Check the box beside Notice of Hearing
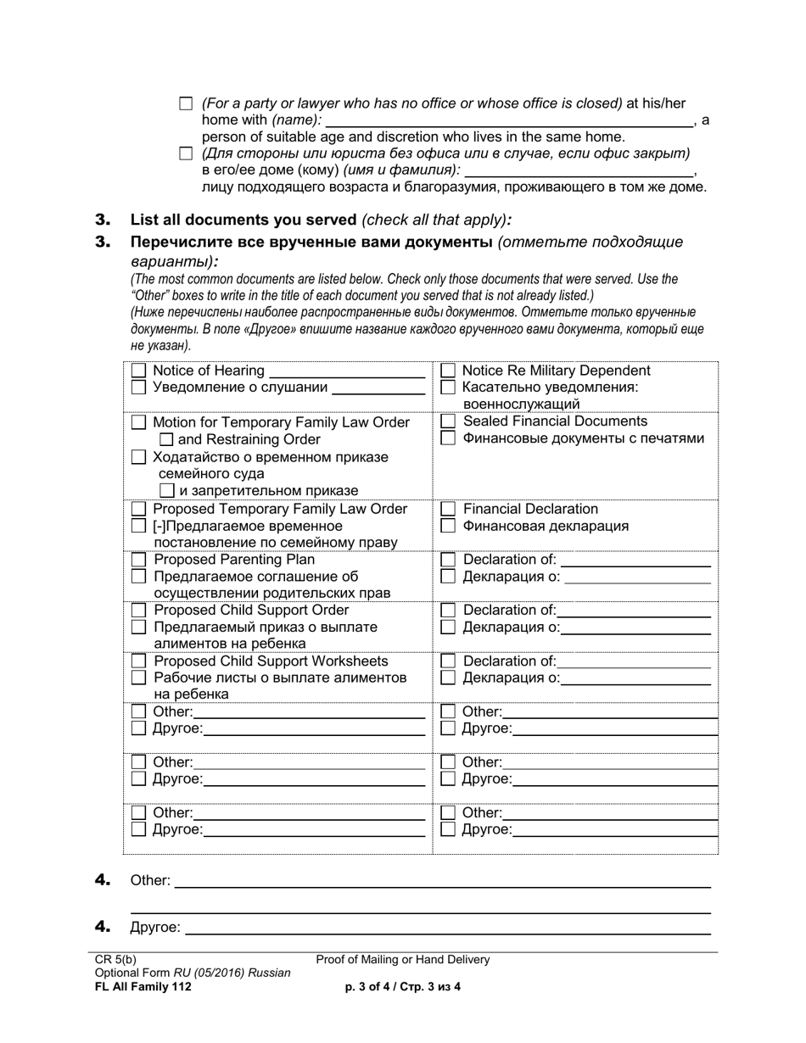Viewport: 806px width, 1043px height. tap(139, 371)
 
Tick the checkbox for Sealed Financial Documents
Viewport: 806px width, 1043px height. tap(449, 421)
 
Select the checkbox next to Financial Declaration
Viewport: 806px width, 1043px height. tap(449, 509)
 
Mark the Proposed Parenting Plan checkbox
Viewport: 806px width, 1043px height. tap(139, 560)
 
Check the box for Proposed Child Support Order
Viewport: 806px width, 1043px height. tap(139, 611)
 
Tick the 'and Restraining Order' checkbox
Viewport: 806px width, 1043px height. tap(166, 439)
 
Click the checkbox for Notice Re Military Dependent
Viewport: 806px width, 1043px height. tap(449, 371)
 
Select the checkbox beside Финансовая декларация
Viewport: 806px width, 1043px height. tap(449, 527)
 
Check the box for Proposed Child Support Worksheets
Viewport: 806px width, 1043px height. tap(139, 661)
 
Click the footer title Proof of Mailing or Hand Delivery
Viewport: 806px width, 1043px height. tap(403, 960)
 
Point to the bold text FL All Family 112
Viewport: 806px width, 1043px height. tap(143, 986)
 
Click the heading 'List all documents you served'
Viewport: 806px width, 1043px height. tap(243, 220)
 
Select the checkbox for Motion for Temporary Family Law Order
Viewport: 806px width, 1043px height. tap(139, 422)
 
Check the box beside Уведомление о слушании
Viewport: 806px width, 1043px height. tap(139, 388)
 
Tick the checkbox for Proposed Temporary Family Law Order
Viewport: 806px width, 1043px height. tap(139, 510)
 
